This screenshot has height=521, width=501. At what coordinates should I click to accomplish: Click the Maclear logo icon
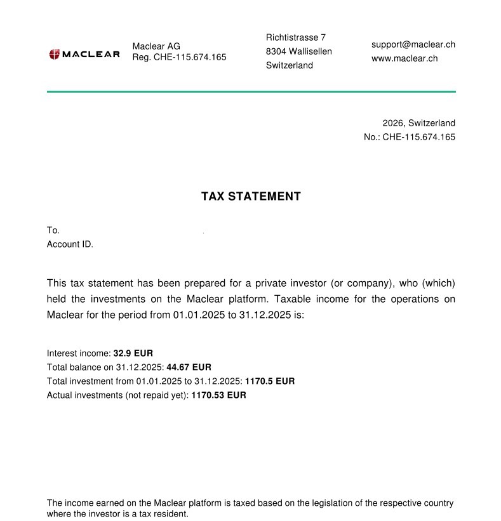pyautogui.click(x=54, y=55)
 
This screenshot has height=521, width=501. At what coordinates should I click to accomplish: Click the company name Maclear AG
pyautogui.click(x=156, y=46)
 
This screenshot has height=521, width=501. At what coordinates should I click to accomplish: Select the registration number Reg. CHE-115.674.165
pyautogui.click(x=179, y=57)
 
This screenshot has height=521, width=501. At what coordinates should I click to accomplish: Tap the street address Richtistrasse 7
pyautogui.click(x=296, y=37)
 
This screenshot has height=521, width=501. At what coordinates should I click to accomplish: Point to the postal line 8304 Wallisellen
pyautogui.click(x=299, y=51)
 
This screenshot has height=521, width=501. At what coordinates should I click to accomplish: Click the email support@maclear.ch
pyautogui.click(x=413, y=44)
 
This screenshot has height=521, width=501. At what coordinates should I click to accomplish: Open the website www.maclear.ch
pyautogui.click(x=404, y=58)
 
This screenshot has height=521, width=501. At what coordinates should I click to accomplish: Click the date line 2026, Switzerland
pyautogui.click(x=418, y=123)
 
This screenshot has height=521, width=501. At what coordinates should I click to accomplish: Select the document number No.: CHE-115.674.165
pyautogui.click(x=410, y=137)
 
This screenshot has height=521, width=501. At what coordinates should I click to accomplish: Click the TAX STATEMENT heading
pyautogui.click(x=251, y=197)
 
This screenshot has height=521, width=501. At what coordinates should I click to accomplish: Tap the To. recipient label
pyautogui.click(x=53, y=230)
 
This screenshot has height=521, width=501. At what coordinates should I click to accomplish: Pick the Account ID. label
pyautogui.click(x=70, y=244)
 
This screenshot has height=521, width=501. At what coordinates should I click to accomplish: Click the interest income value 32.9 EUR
pyautogui.click(x=133, y=353)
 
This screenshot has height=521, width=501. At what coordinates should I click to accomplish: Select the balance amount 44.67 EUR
pyautogui.click(x=189, y=367)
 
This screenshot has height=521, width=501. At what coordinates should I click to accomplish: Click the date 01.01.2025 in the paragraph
pyautogui.click(x=199, y=315)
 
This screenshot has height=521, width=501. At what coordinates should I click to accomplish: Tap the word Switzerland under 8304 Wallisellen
pyautogui.click(x=290, y=65)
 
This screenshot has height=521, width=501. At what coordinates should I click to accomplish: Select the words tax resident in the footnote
pyautogui.click(x=165, y=514)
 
